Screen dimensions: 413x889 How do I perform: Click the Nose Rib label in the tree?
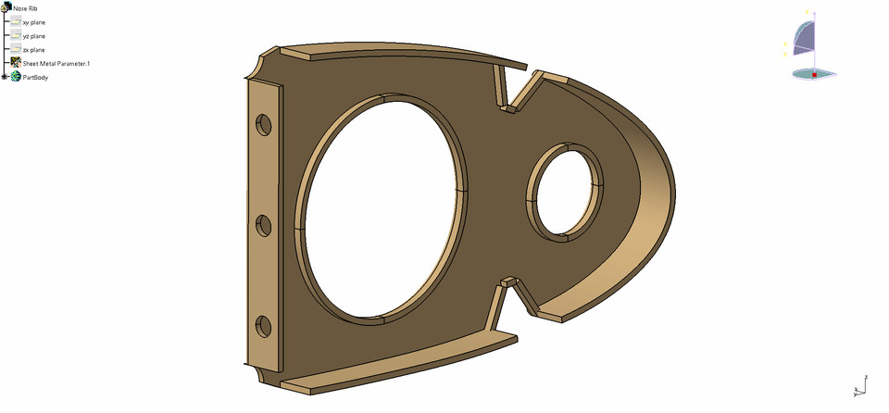point(25,7)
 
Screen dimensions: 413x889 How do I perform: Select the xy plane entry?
point(33,21)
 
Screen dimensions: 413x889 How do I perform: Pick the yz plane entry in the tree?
point(33,35)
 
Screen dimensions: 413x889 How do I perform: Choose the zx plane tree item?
point(33,49)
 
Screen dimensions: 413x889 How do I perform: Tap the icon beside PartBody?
point(16,77)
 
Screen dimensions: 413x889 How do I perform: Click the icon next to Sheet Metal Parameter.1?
point(16,63)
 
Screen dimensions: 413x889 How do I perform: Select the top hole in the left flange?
point(264,124)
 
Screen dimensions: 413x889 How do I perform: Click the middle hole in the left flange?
point(263,225)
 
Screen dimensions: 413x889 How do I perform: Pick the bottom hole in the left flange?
point(263,325)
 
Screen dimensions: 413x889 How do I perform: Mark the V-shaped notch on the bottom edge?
point(515,296)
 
